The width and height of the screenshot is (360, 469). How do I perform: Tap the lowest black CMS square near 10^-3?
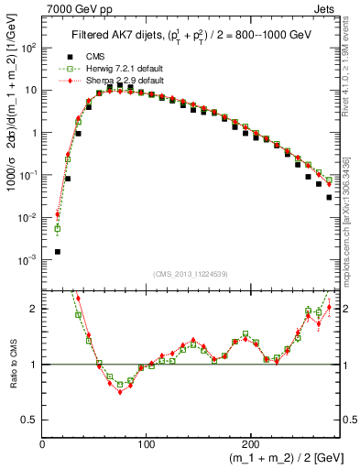(58, 251)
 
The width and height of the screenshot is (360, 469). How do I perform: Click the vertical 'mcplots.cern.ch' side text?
(353, 238)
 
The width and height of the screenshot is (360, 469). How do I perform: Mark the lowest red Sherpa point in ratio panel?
(120, 392)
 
